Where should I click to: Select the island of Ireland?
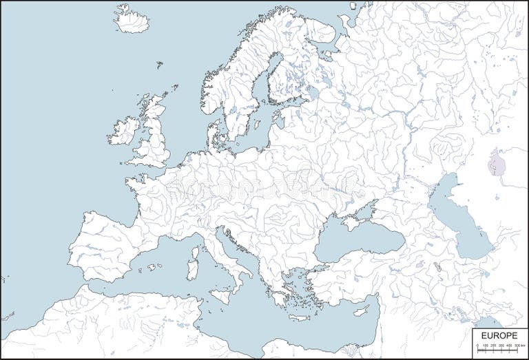coord(123,130)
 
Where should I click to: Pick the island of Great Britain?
coord(157,134)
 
